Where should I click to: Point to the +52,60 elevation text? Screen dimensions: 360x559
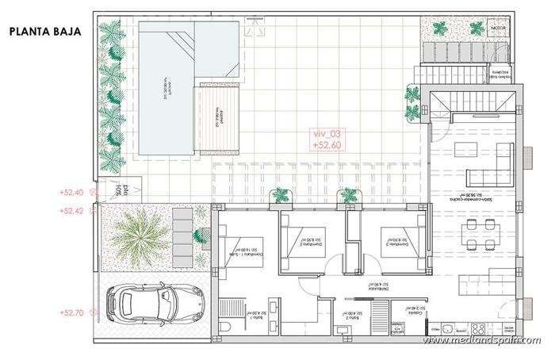327,146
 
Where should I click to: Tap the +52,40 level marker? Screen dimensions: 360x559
72,192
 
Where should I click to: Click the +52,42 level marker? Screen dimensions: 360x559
72,211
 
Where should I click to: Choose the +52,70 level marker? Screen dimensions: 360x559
72,312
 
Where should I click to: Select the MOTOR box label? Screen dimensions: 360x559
498,29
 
